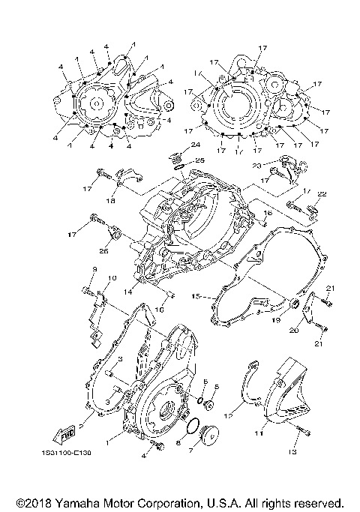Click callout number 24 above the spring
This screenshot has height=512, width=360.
coord(195,144)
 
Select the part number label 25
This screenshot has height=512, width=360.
coord(199,160)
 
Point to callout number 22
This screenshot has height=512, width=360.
coord(322,194)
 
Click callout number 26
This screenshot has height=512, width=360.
coord(103,251)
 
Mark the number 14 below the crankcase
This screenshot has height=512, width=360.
coord(129,291)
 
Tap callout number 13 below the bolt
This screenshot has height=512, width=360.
coord(293,452)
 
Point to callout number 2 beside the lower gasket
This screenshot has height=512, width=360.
coord(82,424)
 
